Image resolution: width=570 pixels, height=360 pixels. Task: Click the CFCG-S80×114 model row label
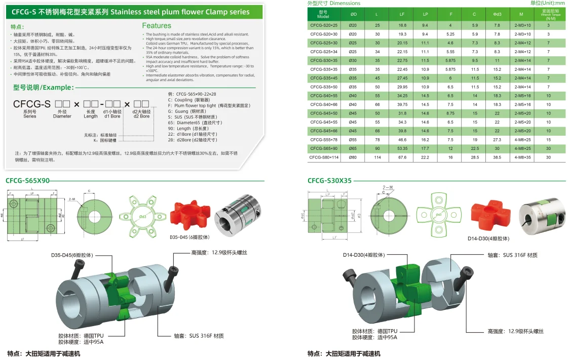(324, 157)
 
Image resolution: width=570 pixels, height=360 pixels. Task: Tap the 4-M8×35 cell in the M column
(521, 157)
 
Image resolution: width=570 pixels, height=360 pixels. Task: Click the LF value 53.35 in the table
(402, 149)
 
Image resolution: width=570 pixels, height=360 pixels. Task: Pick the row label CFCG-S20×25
(324, 25)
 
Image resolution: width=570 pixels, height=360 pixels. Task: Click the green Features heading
(157, 25)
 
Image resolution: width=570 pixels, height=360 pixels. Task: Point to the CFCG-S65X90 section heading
(28, 181)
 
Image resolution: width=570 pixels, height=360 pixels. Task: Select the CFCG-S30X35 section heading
(329, 181)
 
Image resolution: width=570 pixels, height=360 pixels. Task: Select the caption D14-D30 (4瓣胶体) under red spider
(488, 238)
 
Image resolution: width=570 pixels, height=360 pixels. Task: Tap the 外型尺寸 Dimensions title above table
(334, 3)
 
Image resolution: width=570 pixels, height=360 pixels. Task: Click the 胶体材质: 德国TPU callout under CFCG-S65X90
(81, 335)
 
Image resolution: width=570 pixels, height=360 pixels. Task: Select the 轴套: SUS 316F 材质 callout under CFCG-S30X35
(512, 256)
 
